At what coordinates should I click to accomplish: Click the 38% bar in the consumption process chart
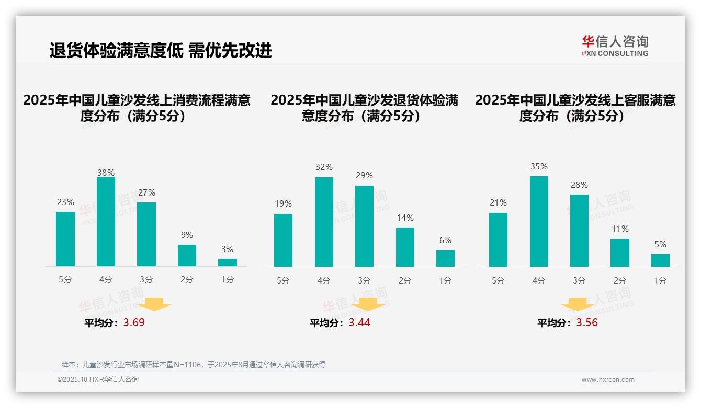click(106, 222)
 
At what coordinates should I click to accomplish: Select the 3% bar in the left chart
click(228, 263)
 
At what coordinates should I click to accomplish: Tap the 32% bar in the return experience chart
click(324, 222)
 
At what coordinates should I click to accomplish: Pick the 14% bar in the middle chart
click(405, 247)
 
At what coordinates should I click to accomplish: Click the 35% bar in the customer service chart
click(539, 221)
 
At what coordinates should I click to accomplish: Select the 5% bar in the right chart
click(660, 260)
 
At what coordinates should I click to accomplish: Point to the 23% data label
click(65, 202)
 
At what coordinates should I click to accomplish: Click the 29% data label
click(365, 176)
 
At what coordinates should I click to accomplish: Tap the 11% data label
click(620, 229)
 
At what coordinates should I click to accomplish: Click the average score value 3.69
click(134, 323)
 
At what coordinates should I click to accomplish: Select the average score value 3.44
click(359, 323)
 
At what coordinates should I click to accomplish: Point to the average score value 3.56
click(587, 323)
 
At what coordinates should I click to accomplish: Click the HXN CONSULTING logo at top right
click(615, 46)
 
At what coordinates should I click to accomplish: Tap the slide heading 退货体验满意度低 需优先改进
click(161, 51)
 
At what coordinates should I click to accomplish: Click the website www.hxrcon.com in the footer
click(608, 380)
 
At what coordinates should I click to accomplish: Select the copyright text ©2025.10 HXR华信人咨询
click(98, 380)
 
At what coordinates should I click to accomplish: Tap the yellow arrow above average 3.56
click(578, 305)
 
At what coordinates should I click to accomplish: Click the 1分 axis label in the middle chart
click(445, 280)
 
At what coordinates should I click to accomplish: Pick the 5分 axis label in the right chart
click(498, 280)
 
